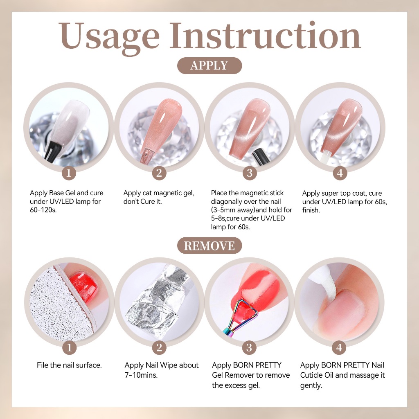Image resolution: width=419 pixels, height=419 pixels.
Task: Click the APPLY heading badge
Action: [x=209, y=65]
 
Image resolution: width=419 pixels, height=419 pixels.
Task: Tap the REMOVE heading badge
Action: [x=209, y=246]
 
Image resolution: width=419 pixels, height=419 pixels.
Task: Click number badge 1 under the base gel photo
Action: [x=69, y=173]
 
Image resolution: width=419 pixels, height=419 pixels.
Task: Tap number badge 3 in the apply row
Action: [x=250, y=173]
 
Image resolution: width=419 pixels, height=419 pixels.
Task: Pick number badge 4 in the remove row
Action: [x=339, y=348]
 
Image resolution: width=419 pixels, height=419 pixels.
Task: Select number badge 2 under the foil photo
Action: [x=159, y=348]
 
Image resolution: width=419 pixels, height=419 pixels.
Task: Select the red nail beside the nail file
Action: [x=83, y=285]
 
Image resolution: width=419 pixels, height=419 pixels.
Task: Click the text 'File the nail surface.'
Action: [x=69, y=365]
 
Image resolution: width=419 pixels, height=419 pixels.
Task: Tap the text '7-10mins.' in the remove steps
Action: [x=141, y=375]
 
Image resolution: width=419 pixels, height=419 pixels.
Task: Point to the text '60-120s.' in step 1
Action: [x=43, y=210]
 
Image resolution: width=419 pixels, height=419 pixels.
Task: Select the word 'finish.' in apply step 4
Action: [x=311, y=210]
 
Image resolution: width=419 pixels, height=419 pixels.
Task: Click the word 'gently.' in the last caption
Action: [x=311, y=385]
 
